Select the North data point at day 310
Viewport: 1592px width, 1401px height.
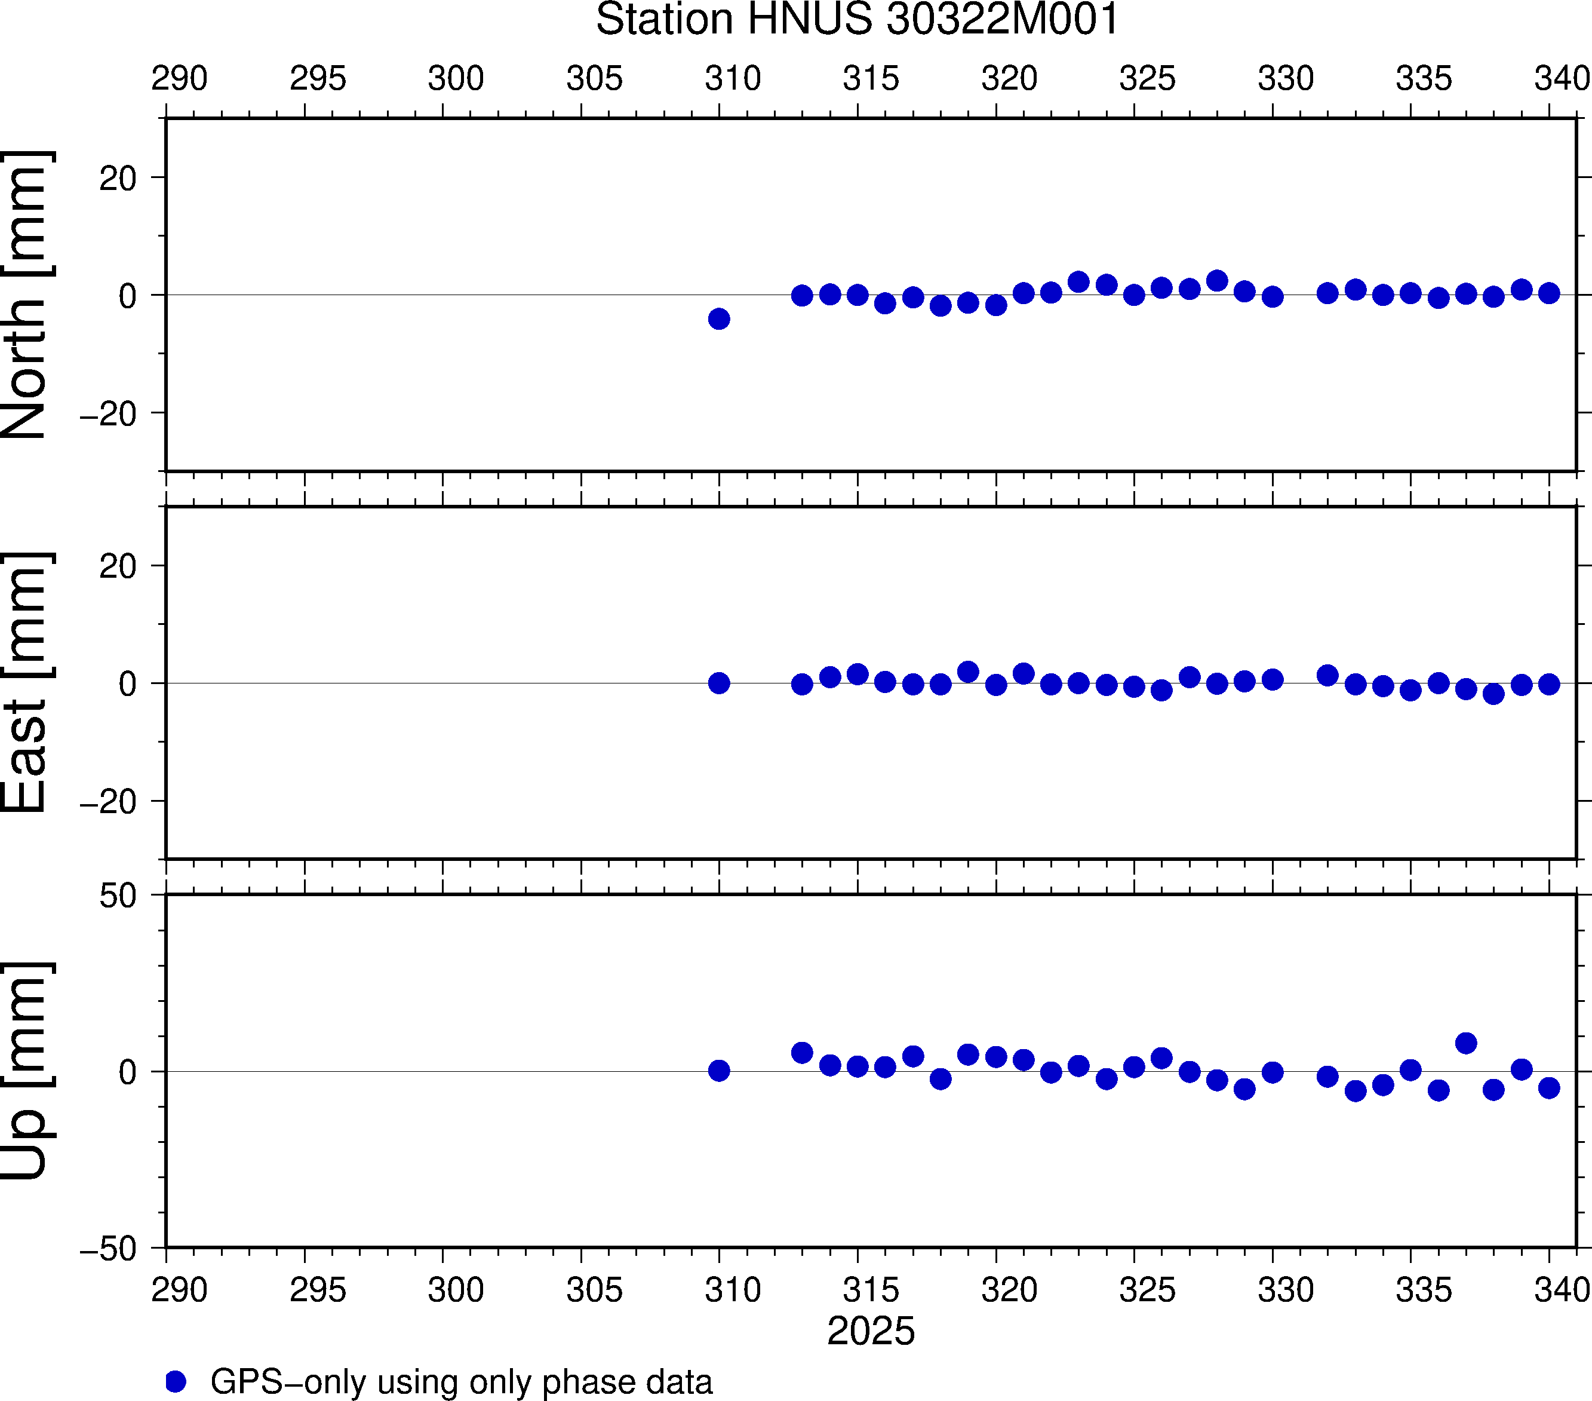719,318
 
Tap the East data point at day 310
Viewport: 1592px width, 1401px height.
719,683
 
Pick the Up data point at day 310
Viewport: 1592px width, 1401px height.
719,1071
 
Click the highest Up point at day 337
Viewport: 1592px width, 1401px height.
1466,1043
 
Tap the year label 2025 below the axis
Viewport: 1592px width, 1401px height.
871,1332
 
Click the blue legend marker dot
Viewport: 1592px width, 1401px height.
176,1381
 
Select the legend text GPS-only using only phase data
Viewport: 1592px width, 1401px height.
461,1381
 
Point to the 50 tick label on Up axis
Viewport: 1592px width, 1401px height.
118,897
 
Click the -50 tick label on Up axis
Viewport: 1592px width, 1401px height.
108,1249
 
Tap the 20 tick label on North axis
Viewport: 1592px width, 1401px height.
118,179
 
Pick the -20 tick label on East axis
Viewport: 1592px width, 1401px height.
108,802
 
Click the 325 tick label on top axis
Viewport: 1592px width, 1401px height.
1147,79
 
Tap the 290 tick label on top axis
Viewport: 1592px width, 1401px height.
179,79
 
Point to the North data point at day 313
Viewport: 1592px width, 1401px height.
802,295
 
